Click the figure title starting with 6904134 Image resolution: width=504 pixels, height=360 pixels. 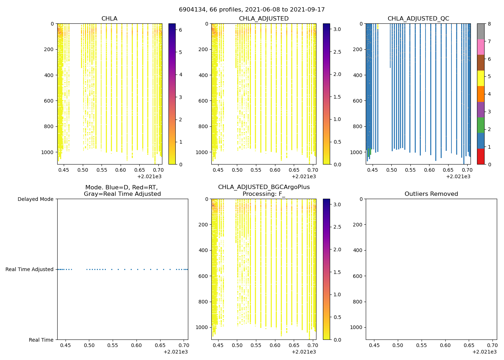point(252,10)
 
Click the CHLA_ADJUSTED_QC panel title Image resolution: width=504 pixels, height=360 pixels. point(418,19)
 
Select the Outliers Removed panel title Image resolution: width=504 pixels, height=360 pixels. point(431,194)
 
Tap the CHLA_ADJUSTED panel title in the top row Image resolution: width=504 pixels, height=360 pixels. point(264,19)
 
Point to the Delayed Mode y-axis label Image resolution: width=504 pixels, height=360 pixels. point(35,199)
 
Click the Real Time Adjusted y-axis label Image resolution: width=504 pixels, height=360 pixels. point(29,269)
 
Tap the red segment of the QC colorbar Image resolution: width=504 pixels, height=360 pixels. point(481,157)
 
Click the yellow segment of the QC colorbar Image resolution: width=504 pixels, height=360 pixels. point(481,78)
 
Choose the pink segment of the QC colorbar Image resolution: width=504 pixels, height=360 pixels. point(481,47)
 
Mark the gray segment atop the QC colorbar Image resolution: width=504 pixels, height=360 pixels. point(481,31)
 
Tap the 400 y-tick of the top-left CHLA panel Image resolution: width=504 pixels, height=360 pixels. point(49,75)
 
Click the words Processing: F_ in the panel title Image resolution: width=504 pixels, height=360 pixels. point(264,194)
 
